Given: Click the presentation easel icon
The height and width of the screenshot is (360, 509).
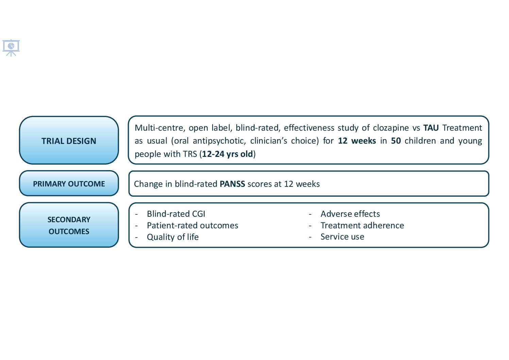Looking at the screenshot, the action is (11, 48).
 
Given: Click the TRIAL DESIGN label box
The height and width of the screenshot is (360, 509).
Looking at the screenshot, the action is (69, 140).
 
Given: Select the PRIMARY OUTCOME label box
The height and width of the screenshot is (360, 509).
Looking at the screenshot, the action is (69, 183).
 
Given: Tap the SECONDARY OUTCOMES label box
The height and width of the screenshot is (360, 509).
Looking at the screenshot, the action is (69, 225).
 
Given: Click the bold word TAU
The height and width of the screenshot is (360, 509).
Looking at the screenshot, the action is (431, 128).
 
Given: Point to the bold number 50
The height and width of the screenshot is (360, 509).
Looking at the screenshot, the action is (396, 141).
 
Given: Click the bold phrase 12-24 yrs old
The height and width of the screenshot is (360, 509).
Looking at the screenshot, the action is (227, 154).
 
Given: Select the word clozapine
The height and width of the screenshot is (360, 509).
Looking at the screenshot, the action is (391, 128).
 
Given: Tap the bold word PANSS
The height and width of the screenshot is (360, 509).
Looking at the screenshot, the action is (232, 184).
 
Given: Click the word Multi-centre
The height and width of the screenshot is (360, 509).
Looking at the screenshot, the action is (159, 128).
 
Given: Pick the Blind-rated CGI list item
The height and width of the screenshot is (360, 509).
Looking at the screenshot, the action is (176, 214).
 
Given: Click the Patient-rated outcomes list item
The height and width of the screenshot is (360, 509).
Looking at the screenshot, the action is (192, 225).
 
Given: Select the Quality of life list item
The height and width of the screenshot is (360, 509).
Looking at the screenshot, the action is (173, 237).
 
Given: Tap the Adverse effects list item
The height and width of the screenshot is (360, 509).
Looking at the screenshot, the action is (350, 214).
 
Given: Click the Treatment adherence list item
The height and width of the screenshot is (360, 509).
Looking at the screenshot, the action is (362, 225).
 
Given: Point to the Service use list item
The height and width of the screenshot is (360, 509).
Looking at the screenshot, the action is (342, 237).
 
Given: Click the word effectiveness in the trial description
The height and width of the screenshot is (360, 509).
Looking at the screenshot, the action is (309, 128).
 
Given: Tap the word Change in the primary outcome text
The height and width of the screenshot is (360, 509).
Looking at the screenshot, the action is (148, 184).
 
